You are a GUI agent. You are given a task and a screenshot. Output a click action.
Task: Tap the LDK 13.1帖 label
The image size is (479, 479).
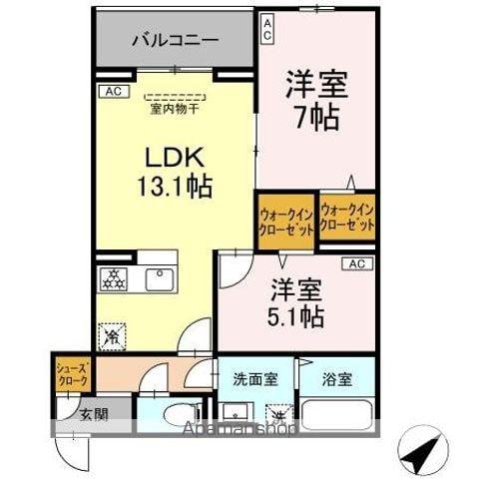174,171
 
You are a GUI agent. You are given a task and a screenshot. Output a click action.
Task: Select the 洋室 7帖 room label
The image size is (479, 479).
316,101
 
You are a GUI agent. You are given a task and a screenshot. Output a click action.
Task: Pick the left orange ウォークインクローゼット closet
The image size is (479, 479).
286,221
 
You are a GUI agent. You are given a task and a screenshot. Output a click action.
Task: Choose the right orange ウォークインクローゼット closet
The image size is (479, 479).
347,219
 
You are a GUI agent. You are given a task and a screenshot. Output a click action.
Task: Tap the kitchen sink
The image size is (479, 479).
158,276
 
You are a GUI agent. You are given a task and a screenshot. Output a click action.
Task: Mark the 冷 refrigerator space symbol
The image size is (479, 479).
113,337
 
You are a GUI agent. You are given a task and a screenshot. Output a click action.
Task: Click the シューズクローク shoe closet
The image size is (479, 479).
72,375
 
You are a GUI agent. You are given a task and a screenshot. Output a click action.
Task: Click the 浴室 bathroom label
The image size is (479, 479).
337,380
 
